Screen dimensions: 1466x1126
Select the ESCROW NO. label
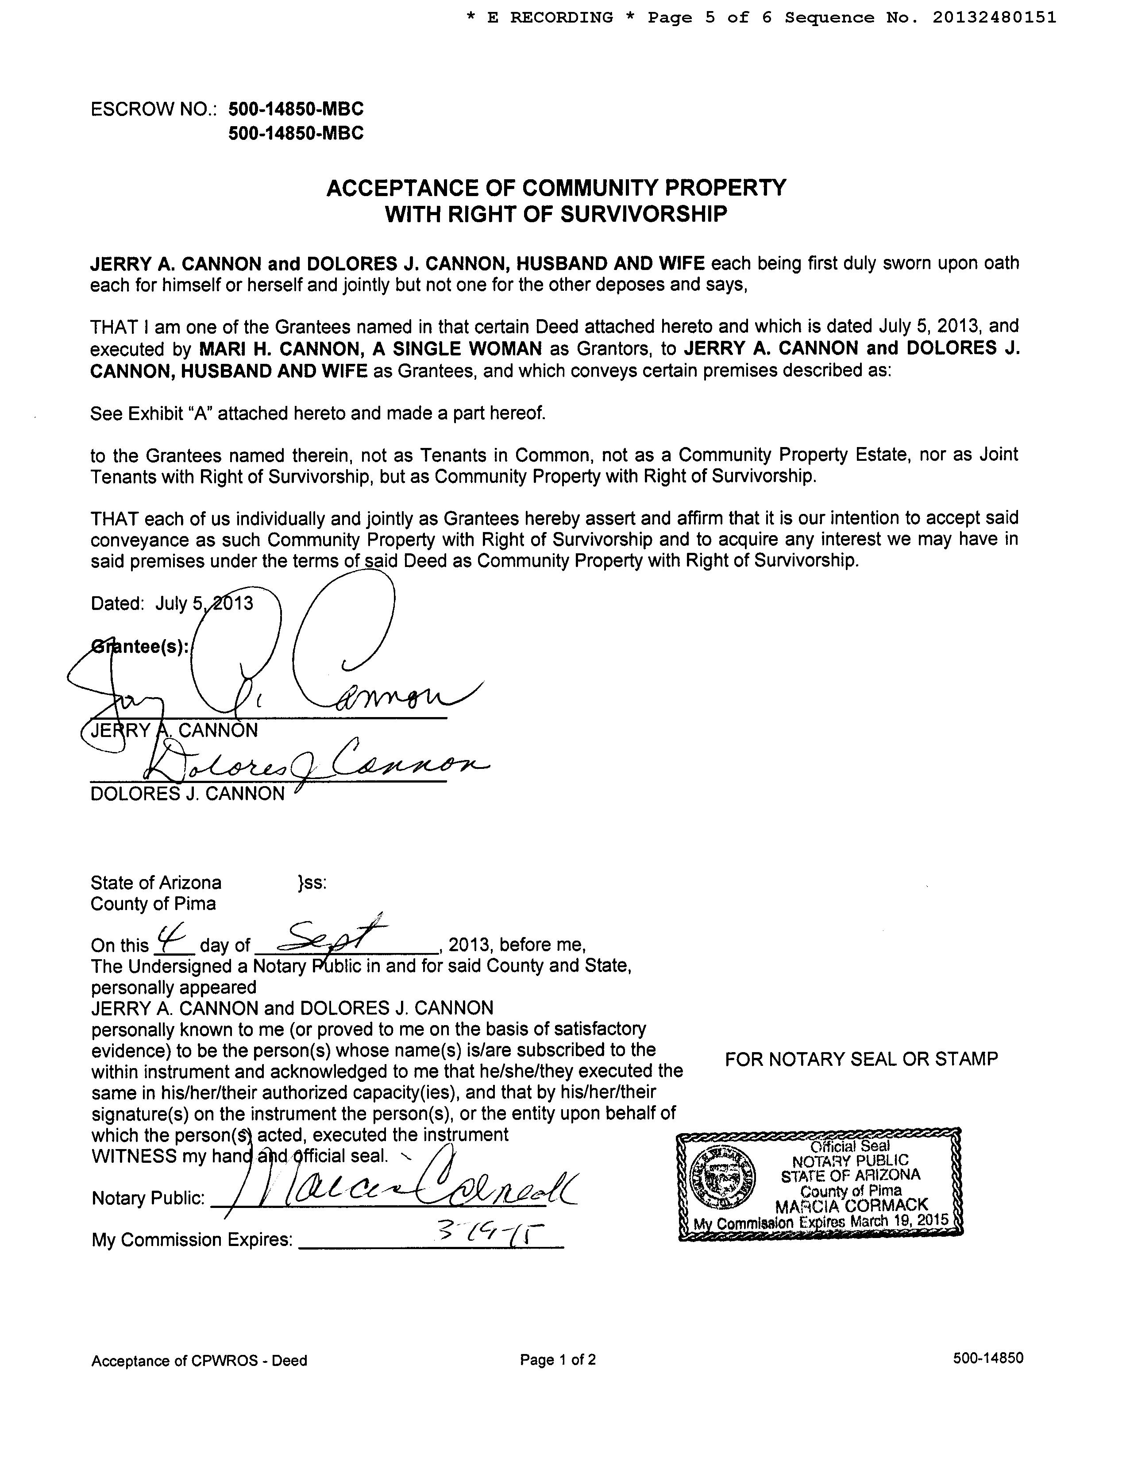(x=154, y=109)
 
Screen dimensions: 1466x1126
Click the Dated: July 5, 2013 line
(x=172, y=603)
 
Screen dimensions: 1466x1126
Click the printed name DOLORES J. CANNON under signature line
(x=188, y=794)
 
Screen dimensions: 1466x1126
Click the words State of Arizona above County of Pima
(x=156, y=882)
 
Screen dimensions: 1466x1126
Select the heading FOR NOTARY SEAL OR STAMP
(x=861, y=1059)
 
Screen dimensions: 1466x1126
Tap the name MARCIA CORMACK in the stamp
(x=851, y=1207)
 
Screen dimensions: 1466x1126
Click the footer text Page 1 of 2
(x=558, y=1360)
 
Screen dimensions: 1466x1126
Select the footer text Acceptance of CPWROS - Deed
(x=199, y=1361)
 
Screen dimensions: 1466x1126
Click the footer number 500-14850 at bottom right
(x=988, y=1359)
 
